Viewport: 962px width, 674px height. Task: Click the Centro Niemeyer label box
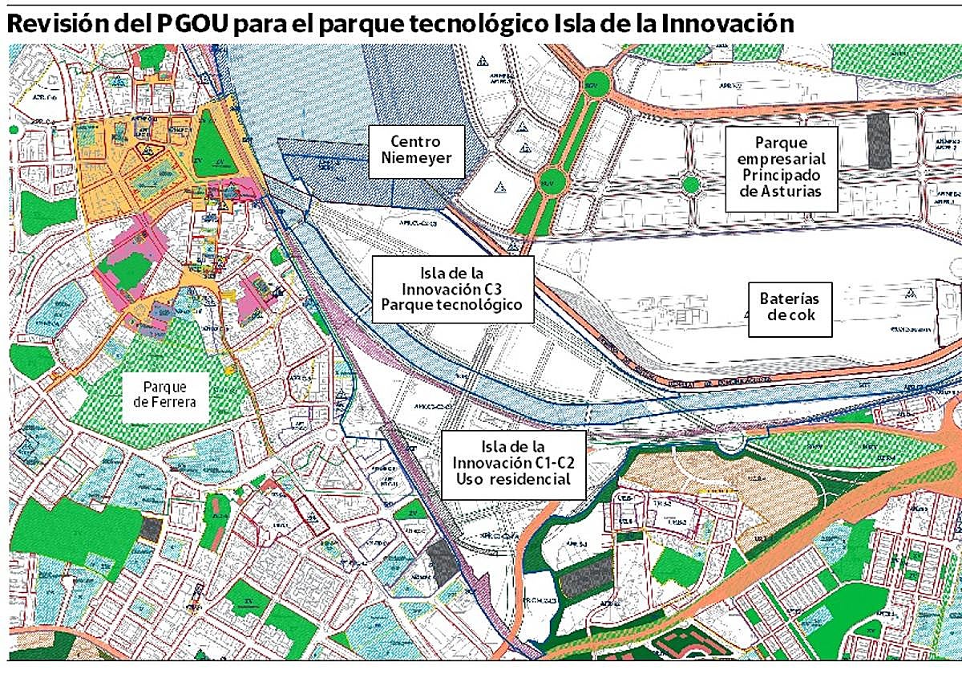click(417, 151)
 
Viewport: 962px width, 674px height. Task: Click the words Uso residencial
click(512, 480)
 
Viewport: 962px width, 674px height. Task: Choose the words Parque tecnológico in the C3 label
click(452, 305)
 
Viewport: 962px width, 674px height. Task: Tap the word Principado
click(781, 175)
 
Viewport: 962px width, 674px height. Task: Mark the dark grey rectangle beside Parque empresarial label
click(879, 140)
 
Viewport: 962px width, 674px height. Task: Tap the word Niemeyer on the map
click(417, 159)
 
